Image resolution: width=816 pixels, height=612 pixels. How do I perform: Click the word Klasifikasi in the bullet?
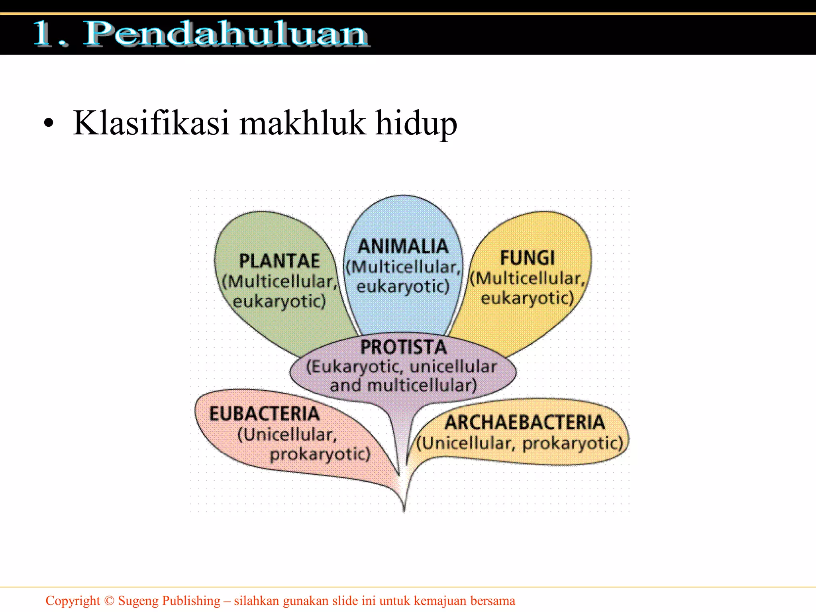(151, 123)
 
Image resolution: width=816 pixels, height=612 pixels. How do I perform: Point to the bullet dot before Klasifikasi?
(49, 124)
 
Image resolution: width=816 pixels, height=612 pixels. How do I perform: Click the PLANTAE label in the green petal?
(279, 261)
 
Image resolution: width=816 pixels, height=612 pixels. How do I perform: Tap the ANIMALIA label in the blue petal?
(403, 247)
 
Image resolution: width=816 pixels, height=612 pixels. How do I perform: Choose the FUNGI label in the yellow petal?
(528, 258)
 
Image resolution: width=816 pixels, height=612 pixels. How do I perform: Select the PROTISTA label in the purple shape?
(403, 347)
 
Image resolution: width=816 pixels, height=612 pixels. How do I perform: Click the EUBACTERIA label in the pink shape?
(265, 414)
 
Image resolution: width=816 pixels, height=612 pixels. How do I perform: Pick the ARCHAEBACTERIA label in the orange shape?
(525, 422)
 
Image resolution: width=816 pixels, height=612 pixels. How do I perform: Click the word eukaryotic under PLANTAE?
(279, 301)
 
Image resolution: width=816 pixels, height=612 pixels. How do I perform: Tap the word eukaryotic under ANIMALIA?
(403, 286)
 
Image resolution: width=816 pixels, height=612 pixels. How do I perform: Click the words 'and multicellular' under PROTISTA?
(403, 386)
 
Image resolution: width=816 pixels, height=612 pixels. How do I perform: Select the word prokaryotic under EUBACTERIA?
(320, 455)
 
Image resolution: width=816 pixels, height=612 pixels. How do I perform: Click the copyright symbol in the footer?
(109, 600)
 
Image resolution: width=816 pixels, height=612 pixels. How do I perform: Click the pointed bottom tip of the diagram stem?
(404, 511)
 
